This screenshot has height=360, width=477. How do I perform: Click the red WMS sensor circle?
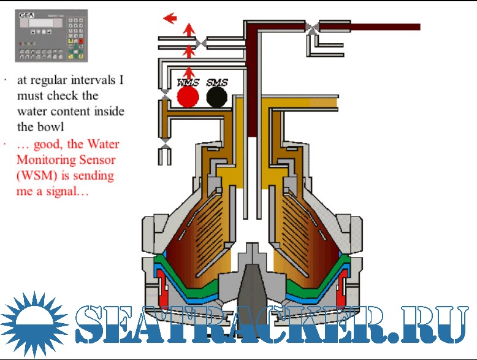[188, 97]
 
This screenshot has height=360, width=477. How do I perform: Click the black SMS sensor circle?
[216, 97]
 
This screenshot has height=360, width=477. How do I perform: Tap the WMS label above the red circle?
[188, 82]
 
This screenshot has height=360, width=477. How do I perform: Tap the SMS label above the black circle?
[216, 82]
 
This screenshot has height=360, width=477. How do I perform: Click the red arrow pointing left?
[170, 18]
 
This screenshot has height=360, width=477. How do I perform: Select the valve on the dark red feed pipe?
[313, 26]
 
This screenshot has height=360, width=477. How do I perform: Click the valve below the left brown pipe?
[164, 142]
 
